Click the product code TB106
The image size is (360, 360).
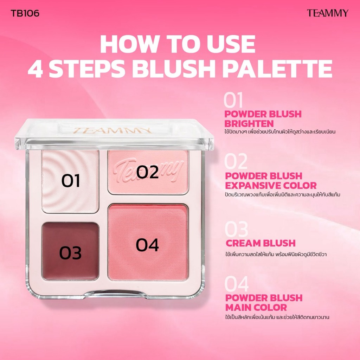[x=25, y=13]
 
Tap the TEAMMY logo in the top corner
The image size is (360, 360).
[x=328, y=13]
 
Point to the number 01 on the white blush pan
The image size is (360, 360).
[x=71, y=180]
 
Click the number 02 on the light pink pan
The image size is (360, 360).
[x=147, y=172]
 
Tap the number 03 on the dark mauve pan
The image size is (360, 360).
[x=70, y=253]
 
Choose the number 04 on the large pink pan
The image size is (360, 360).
[x=147, y=245]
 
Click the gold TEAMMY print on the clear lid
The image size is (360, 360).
[x=112, y=130]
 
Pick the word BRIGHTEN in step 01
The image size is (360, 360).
[x=249, y=124]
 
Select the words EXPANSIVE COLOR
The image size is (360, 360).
[x=271, y=186]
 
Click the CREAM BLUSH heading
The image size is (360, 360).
[x=261, y=243]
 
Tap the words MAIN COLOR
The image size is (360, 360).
[x=256, y=307]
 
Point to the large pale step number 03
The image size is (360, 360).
[x=236, y=229]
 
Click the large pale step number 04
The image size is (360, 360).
[x=237, y=284]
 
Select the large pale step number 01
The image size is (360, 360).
[x=233, y=100]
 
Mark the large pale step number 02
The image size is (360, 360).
[x=236, y=161]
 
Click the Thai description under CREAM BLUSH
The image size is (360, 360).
[x=276, y=255]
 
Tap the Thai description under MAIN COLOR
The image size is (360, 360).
[x=277, y=317]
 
